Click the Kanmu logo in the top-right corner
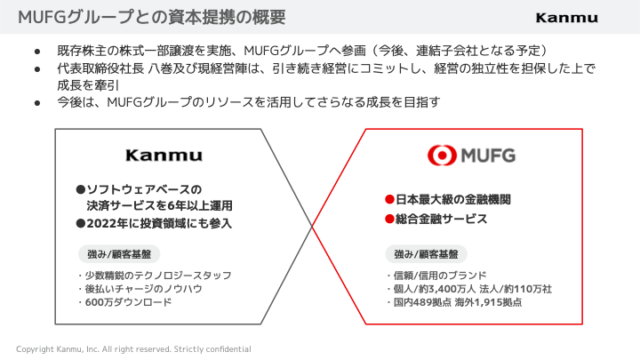566,18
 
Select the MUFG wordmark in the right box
487,156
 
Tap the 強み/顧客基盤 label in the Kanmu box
119,253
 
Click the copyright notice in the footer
133,349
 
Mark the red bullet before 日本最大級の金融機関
388,199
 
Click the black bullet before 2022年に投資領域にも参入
80,224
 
